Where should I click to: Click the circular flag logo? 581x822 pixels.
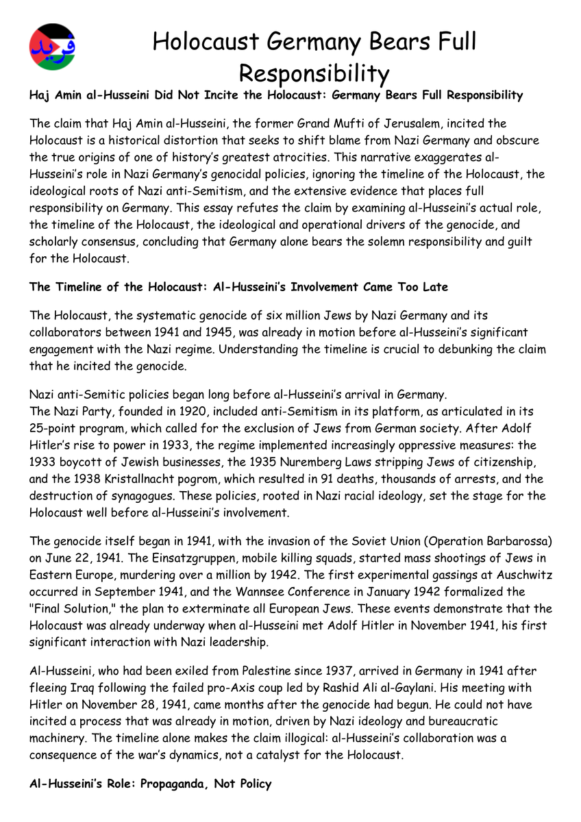point(53,47)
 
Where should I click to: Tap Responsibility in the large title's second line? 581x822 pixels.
point(314,73)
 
